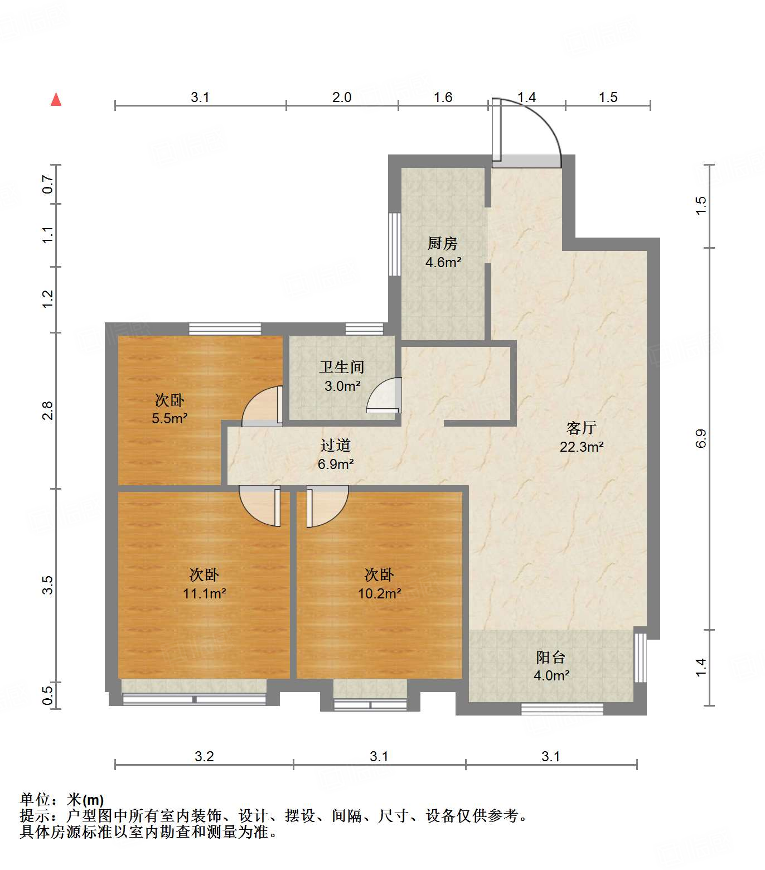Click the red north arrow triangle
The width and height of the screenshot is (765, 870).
pos(56,100)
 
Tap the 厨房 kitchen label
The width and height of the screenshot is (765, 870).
pos(443,243)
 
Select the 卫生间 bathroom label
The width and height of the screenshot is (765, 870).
pos(342,367)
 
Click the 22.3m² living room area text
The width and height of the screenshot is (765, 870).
pos(582,447)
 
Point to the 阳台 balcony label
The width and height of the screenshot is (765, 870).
pos(551,657)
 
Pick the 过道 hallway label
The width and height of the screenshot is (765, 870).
pos(336,445)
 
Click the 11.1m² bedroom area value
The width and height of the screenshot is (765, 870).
pos(204,594)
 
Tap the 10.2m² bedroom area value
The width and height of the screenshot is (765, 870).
pos(379,594)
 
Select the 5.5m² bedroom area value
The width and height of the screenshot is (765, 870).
pos(170,418)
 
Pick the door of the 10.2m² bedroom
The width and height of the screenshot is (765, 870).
pos(326,505)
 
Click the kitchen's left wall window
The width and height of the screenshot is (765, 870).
pos(394,244)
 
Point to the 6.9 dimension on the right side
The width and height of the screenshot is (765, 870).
pos(701,438)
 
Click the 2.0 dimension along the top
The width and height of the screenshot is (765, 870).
pos(342,98)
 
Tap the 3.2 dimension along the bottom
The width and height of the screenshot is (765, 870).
pos(204,756)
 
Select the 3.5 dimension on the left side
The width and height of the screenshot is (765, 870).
pos(48,585)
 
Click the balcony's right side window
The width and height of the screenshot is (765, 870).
pos(641,658)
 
